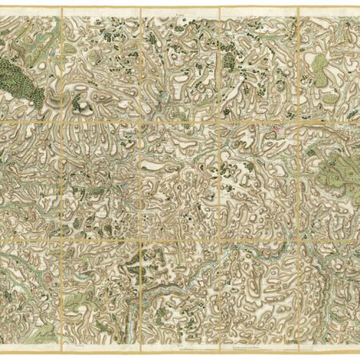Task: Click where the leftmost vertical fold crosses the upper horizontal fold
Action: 61,122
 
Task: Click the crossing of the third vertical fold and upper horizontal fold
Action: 219,122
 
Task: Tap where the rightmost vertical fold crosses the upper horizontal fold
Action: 298,122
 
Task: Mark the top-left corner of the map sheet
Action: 2,8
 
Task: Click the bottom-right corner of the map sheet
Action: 358,352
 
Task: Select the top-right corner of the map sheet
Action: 358,8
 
